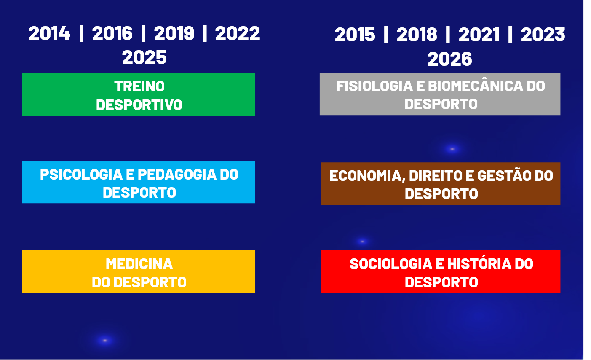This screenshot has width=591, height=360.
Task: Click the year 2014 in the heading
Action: tap(49, 34)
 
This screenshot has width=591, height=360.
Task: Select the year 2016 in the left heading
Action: tap(112, 34)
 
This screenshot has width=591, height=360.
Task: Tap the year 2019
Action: tap(174, 34)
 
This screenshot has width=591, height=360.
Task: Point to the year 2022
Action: tap(238, 34)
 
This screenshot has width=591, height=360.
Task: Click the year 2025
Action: tap(144, 57)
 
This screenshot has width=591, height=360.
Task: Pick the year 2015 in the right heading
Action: tap(355, 35)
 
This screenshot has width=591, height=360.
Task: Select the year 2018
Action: tap(417, 35)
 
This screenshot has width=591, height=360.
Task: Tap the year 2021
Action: tap(479, 35)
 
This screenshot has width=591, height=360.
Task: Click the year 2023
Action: tap(543, 35)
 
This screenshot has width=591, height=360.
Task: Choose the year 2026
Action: tap(449, 59)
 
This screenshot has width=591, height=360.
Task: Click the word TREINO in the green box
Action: tap(139, 86)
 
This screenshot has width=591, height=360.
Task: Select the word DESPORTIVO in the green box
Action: tap(139, 105)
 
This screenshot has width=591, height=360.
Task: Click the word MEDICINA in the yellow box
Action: tap(139, 264)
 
